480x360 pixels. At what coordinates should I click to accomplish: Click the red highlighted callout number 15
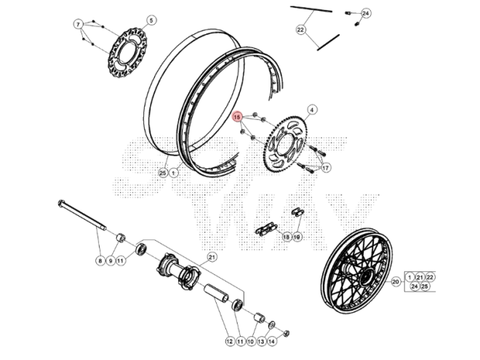[237, 116]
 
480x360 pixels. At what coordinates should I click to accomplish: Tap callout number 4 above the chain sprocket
[311, 110]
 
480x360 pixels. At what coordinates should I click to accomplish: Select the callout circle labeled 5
[151, 20]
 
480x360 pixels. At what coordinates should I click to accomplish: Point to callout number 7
[79, 24]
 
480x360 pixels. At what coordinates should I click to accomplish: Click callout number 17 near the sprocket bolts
[325, 168]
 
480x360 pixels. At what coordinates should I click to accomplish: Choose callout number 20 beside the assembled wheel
[396, 281]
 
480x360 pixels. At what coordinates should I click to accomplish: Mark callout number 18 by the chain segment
[286, 237]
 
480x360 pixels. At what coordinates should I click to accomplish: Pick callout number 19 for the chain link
[297, 237]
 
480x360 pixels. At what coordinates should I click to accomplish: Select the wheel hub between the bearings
[178, 273]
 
